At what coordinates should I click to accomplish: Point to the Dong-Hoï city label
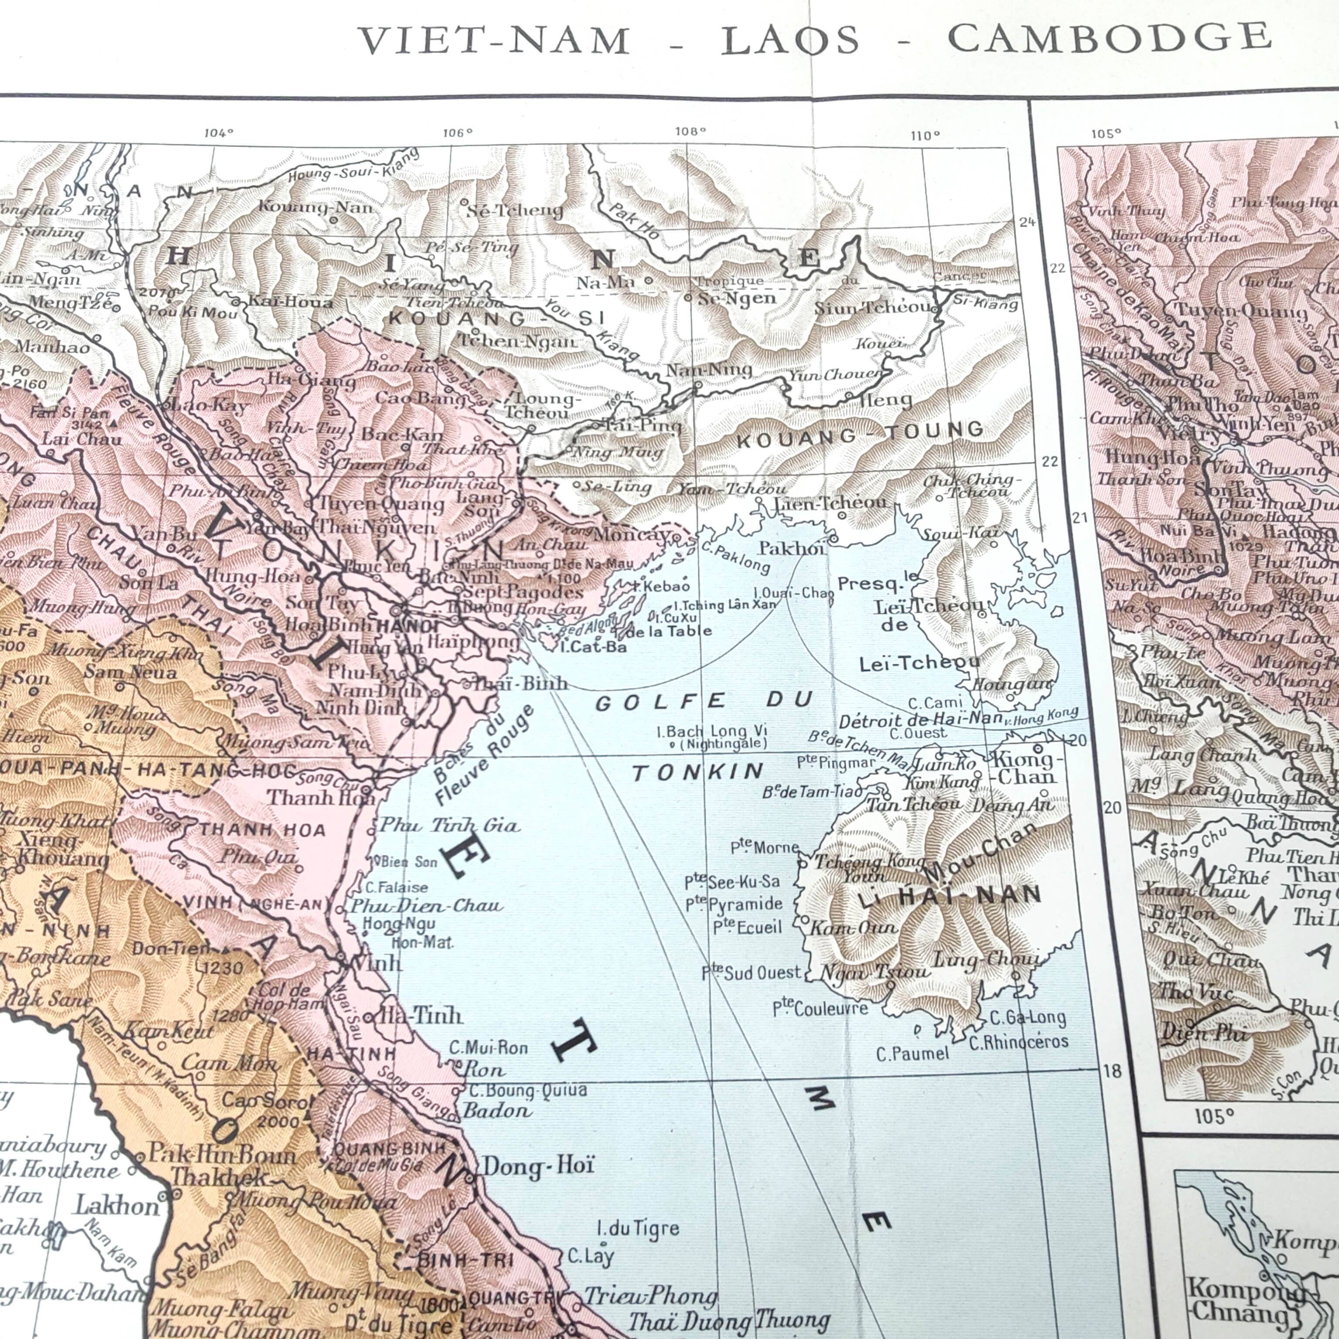point(538,1166)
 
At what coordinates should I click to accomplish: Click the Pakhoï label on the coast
point(792,548)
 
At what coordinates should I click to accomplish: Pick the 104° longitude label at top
point(218,133)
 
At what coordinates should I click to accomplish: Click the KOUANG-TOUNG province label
point(860,435)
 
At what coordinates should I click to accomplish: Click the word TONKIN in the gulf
point(698,772)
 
